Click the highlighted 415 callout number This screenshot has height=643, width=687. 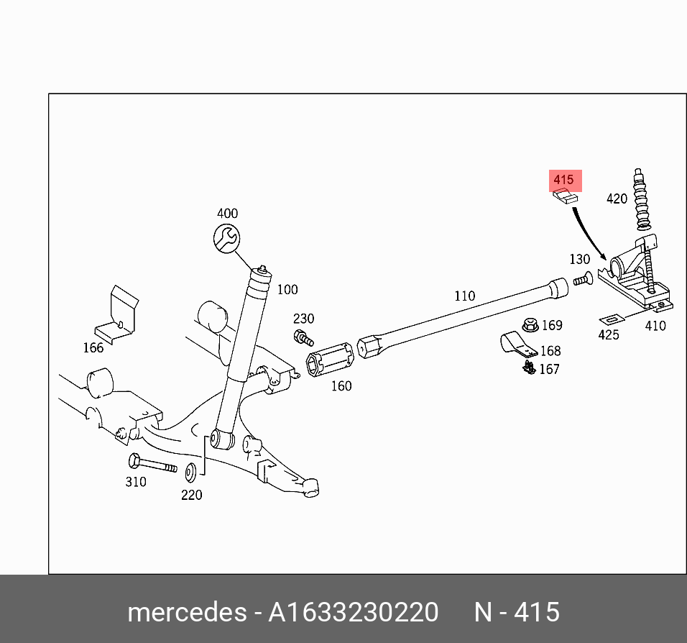564,180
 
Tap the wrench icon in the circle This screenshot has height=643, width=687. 227,237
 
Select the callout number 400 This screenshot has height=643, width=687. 227,214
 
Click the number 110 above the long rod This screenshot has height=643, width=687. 464,296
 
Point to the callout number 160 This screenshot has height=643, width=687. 341,386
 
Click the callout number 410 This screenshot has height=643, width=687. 655,326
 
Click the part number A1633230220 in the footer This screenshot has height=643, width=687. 353,612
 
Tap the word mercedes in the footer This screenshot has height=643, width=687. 186,612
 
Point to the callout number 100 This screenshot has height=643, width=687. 287,290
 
